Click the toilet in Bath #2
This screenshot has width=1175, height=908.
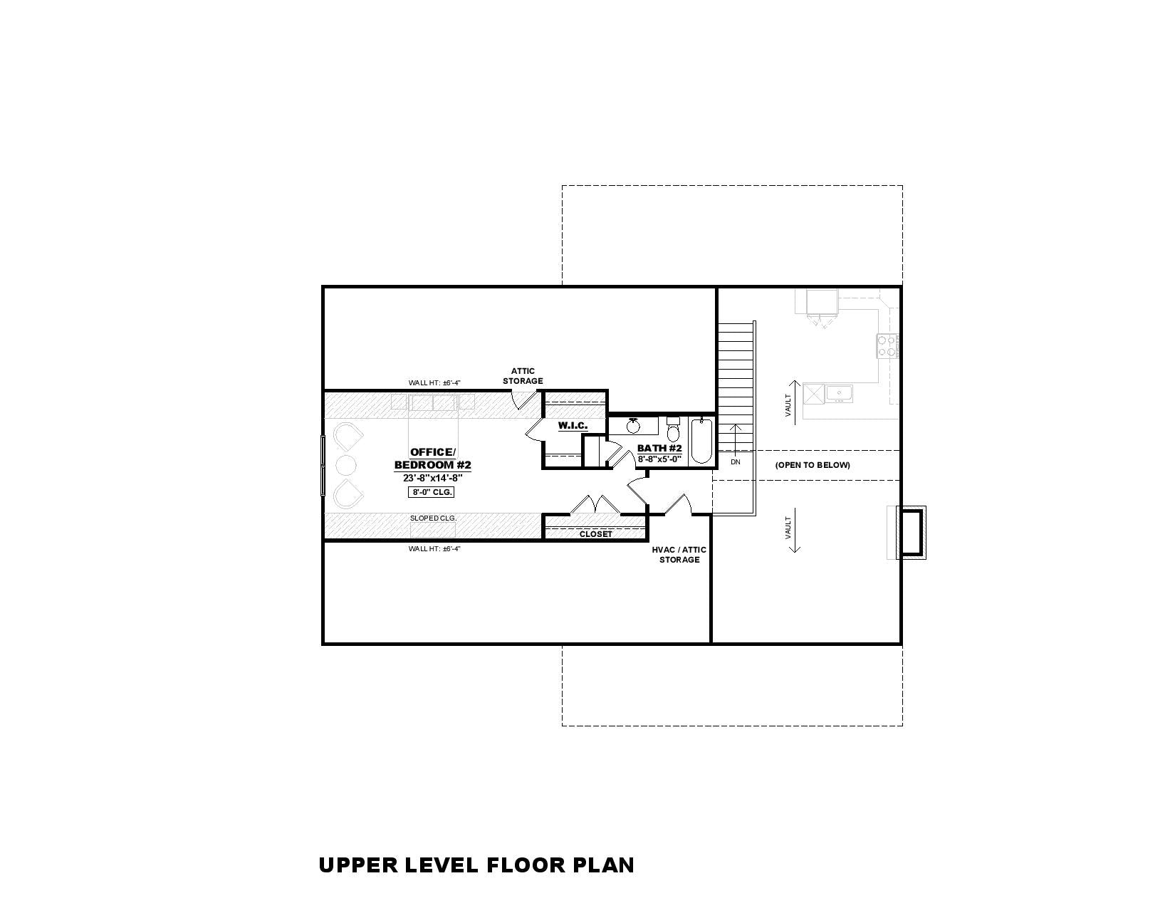673,428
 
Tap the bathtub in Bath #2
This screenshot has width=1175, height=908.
701,440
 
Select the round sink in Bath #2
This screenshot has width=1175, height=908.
633,426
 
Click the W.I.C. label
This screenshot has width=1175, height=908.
573,426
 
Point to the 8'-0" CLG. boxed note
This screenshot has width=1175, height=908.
431,492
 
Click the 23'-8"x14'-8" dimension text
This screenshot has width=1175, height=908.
432,478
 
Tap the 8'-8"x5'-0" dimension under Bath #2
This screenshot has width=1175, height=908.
659,459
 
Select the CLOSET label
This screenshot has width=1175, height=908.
596,534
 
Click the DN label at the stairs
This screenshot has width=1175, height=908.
736,462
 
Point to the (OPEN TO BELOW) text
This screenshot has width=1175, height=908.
813,465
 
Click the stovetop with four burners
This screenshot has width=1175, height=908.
887,346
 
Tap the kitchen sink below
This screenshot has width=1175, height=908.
839,393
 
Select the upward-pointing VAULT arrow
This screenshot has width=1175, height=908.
794,403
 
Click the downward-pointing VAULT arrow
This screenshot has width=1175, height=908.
794,530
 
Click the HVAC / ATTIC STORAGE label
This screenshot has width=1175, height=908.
679,555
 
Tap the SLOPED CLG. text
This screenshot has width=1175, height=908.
433,518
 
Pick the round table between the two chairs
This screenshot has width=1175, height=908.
346,464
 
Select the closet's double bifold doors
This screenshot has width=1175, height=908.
595,504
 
